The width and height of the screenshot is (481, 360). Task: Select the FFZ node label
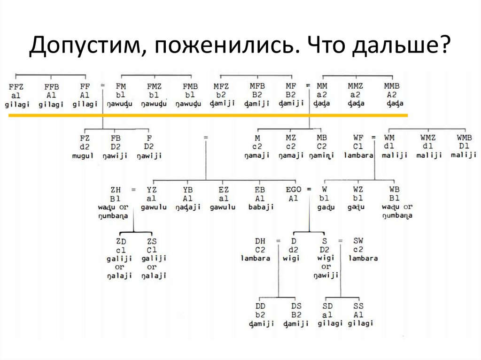pos(16,87)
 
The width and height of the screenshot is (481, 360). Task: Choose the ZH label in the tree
pos(116,190)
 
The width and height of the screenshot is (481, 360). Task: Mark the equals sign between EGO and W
pos(309,189)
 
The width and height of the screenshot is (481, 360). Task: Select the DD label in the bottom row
pos(260,306)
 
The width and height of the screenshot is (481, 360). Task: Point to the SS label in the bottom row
pos(358,306)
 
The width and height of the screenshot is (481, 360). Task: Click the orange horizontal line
pos(207,115)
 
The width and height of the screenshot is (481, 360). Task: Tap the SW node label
pos(358,241)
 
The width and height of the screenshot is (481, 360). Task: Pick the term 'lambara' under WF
pos(358,155)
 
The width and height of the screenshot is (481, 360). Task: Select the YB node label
pos(188,190)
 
